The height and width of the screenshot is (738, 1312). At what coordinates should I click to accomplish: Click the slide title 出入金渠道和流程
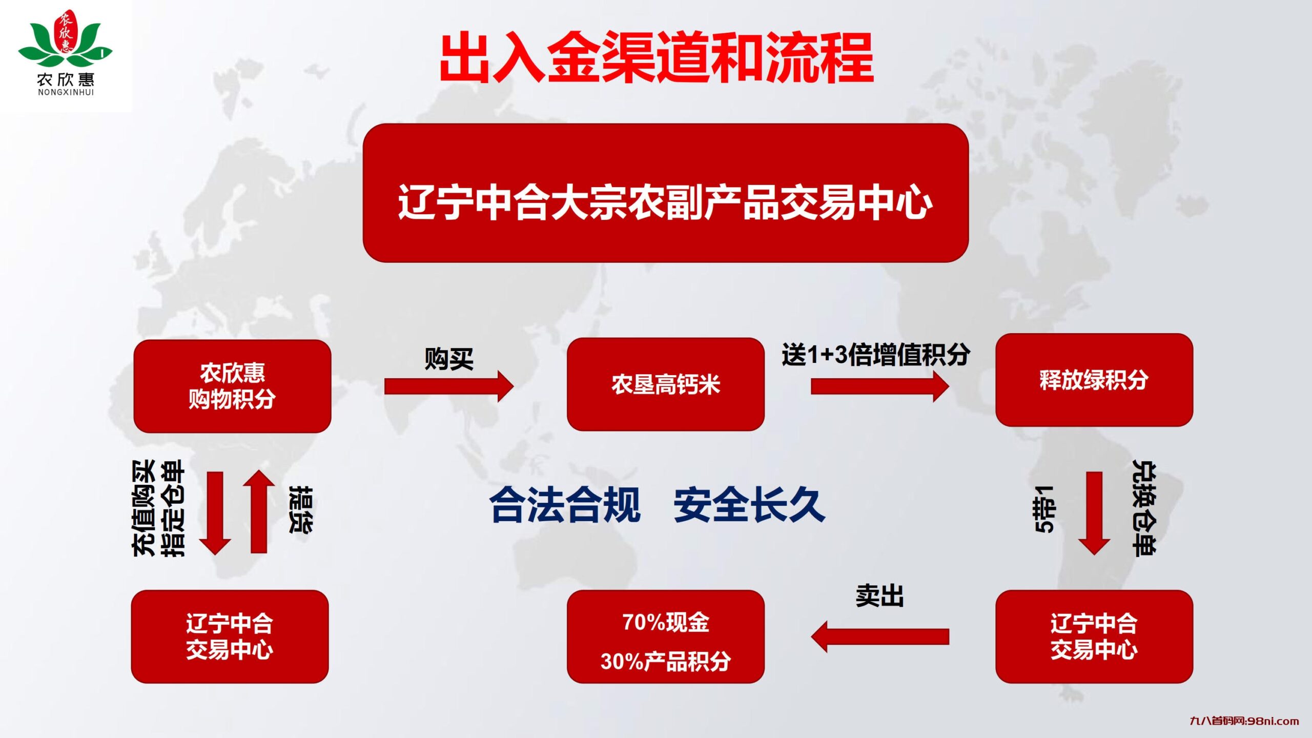pos(657,57)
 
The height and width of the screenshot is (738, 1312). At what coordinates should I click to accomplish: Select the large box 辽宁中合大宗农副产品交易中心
pos(665,193)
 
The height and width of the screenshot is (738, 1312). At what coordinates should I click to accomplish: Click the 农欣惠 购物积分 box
pos(232,386)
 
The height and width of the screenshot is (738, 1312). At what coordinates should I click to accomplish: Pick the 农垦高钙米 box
pos(665,384)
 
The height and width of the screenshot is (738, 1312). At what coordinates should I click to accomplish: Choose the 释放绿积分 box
pos(1094,380)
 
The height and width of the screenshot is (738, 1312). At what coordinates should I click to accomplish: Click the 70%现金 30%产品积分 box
pos(665,637)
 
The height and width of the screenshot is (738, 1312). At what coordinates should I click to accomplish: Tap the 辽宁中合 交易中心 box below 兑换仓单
pos(1094,637)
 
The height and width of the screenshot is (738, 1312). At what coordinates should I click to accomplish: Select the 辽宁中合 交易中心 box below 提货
pos(230,637)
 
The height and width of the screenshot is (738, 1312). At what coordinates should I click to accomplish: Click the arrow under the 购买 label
pos(448,386)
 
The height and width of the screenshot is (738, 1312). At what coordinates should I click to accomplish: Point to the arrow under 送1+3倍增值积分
pos(879,386)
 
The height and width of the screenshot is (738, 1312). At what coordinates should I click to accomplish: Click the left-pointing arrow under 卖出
pos(879,637)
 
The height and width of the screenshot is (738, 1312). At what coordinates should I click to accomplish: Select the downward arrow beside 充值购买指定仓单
pos(215,512)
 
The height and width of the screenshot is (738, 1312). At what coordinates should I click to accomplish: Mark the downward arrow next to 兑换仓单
pos(1094,512)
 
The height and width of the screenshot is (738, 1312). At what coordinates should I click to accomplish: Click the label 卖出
pos(879,596)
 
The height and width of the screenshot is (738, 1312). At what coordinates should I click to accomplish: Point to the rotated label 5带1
pos(1044,509)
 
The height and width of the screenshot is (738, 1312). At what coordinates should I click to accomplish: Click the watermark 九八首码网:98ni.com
pos(1244,721)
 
